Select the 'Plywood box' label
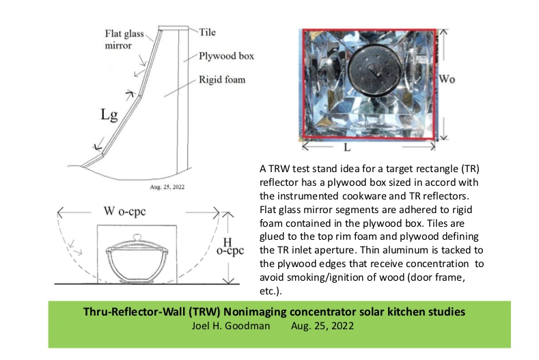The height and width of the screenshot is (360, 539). click(x=226, y=56)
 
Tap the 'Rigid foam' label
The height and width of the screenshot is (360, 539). click(x=223, y=79)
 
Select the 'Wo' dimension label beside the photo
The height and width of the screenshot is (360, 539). click(x=447, y=79)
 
